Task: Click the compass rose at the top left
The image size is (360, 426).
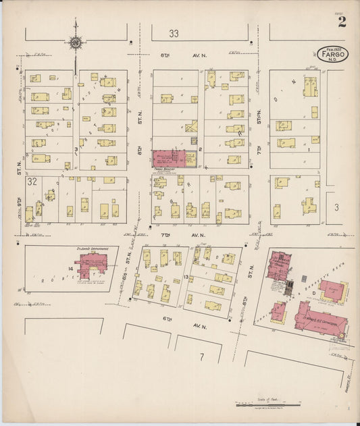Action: click(x=75, y=44)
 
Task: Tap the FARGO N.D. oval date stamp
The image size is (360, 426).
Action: click(x=332, y=55)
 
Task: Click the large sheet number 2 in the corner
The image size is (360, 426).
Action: click(x=342, y=22)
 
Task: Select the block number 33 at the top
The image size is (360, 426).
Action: click(x=174, y=33)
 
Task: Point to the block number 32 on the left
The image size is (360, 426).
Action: click(x=32, y=182)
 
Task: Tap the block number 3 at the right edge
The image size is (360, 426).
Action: click(x=336, y=209)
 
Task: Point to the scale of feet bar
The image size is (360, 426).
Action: click(x=267, y=405)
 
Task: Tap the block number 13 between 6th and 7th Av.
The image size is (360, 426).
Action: click(x=186, y=277)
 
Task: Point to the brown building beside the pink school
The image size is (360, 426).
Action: click(x=278, y=313)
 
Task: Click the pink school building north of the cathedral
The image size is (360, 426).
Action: click(x=278, y=265)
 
